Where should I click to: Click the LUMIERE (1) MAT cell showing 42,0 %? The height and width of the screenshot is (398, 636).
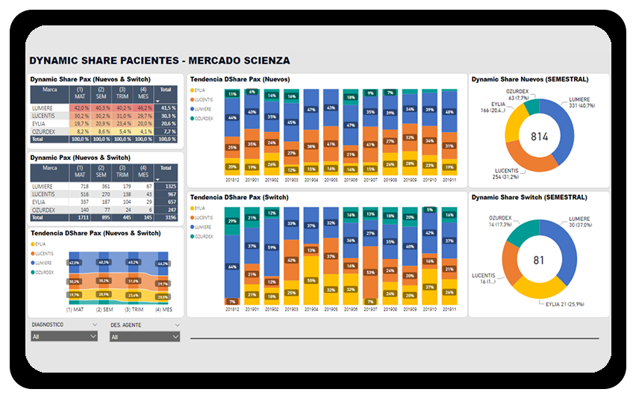(x=80, y=108)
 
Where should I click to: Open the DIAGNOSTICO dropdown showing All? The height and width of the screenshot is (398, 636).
(x=64, y=337)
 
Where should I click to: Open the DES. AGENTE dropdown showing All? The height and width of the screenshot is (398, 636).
(x=144, y=338)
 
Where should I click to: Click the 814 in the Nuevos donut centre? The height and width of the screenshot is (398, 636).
(x=540, y=136)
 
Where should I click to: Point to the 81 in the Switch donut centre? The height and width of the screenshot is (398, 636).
(x=540, y=260)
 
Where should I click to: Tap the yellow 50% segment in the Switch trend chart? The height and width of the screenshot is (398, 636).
(x=311, y=281)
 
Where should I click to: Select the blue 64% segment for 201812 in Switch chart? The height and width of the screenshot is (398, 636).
(x=233, y=267)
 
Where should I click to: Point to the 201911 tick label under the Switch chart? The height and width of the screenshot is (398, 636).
(x=448, y=308)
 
